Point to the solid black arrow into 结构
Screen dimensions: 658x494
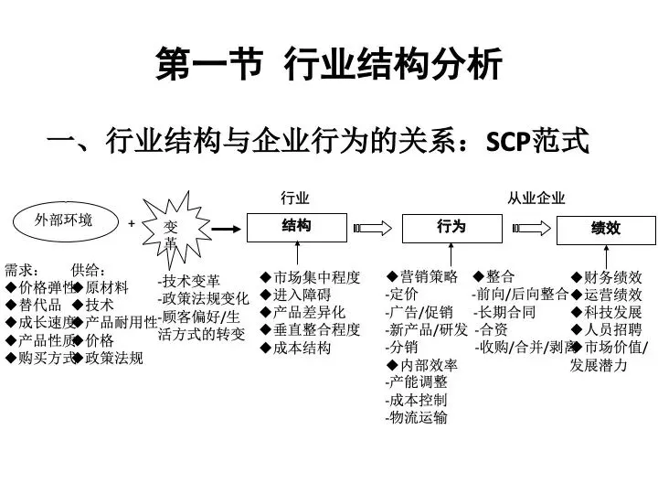[x=227, y=229]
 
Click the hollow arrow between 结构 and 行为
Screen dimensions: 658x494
[x=373, y=228]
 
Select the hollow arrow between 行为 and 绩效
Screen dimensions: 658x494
[x=531, y=228]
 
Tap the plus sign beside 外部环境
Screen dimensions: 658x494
[x=132, y=223]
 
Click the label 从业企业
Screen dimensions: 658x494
[x=536, y=198]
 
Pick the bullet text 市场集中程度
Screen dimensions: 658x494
[x=317, y=277]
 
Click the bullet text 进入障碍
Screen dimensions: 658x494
[x=302, y=295]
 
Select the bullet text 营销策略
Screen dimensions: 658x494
[x=429, y=276]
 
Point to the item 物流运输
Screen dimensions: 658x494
[x=417, y=417]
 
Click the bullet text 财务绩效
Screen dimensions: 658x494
[x=613, y=277]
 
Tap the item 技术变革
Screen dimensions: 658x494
[x=189, y=281]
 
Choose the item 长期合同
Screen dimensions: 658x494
[x=504, y=312]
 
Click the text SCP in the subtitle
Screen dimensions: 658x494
[x=508, y=142]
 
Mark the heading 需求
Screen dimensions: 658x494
[x=21, y=270]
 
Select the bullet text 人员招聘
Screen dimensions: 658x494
[x=613, y=329]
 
